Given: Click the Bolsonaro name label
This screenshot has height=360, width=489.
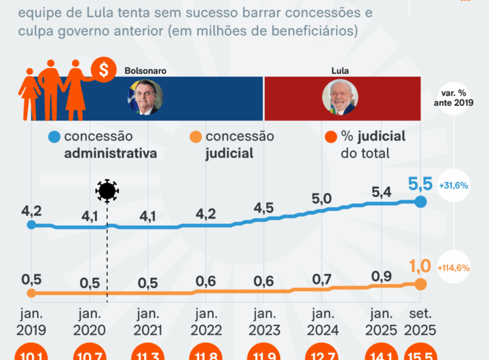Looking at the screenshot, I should pos(145,70).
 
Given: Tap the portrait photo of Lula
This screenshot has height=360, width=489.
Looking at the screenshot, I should pos(340,97).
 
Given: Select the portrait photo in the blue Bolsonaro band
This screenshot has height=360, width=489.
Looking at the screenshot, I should pos(145,97).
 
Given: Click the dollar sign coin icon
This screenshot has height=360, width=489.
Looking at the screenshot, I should pos(104,69).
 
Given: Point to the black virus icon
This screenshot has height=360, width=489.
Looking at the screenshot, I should pos(107,191).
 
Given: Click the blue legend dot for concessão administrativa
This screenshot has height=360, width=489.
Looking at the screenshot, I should pos(54,137).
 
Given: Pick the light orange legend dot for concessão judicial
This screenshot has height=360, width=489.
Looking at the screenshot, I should pos(194,137).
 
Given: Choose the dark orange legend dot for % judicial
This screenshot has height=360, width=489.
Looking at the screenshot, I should pos(331,137).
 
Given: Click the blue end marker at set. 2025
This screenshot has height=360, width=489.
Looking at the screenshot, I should pos(420,202).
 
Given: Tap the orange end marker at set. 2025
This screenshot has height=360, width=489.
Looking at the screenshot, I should pos(420,284).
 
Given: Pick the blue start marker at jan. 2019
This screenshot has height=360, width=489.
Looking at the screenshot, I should pos(31,224).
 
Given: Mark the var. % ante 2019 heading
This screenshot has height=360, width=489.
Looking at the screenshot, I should pos(452,97).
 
